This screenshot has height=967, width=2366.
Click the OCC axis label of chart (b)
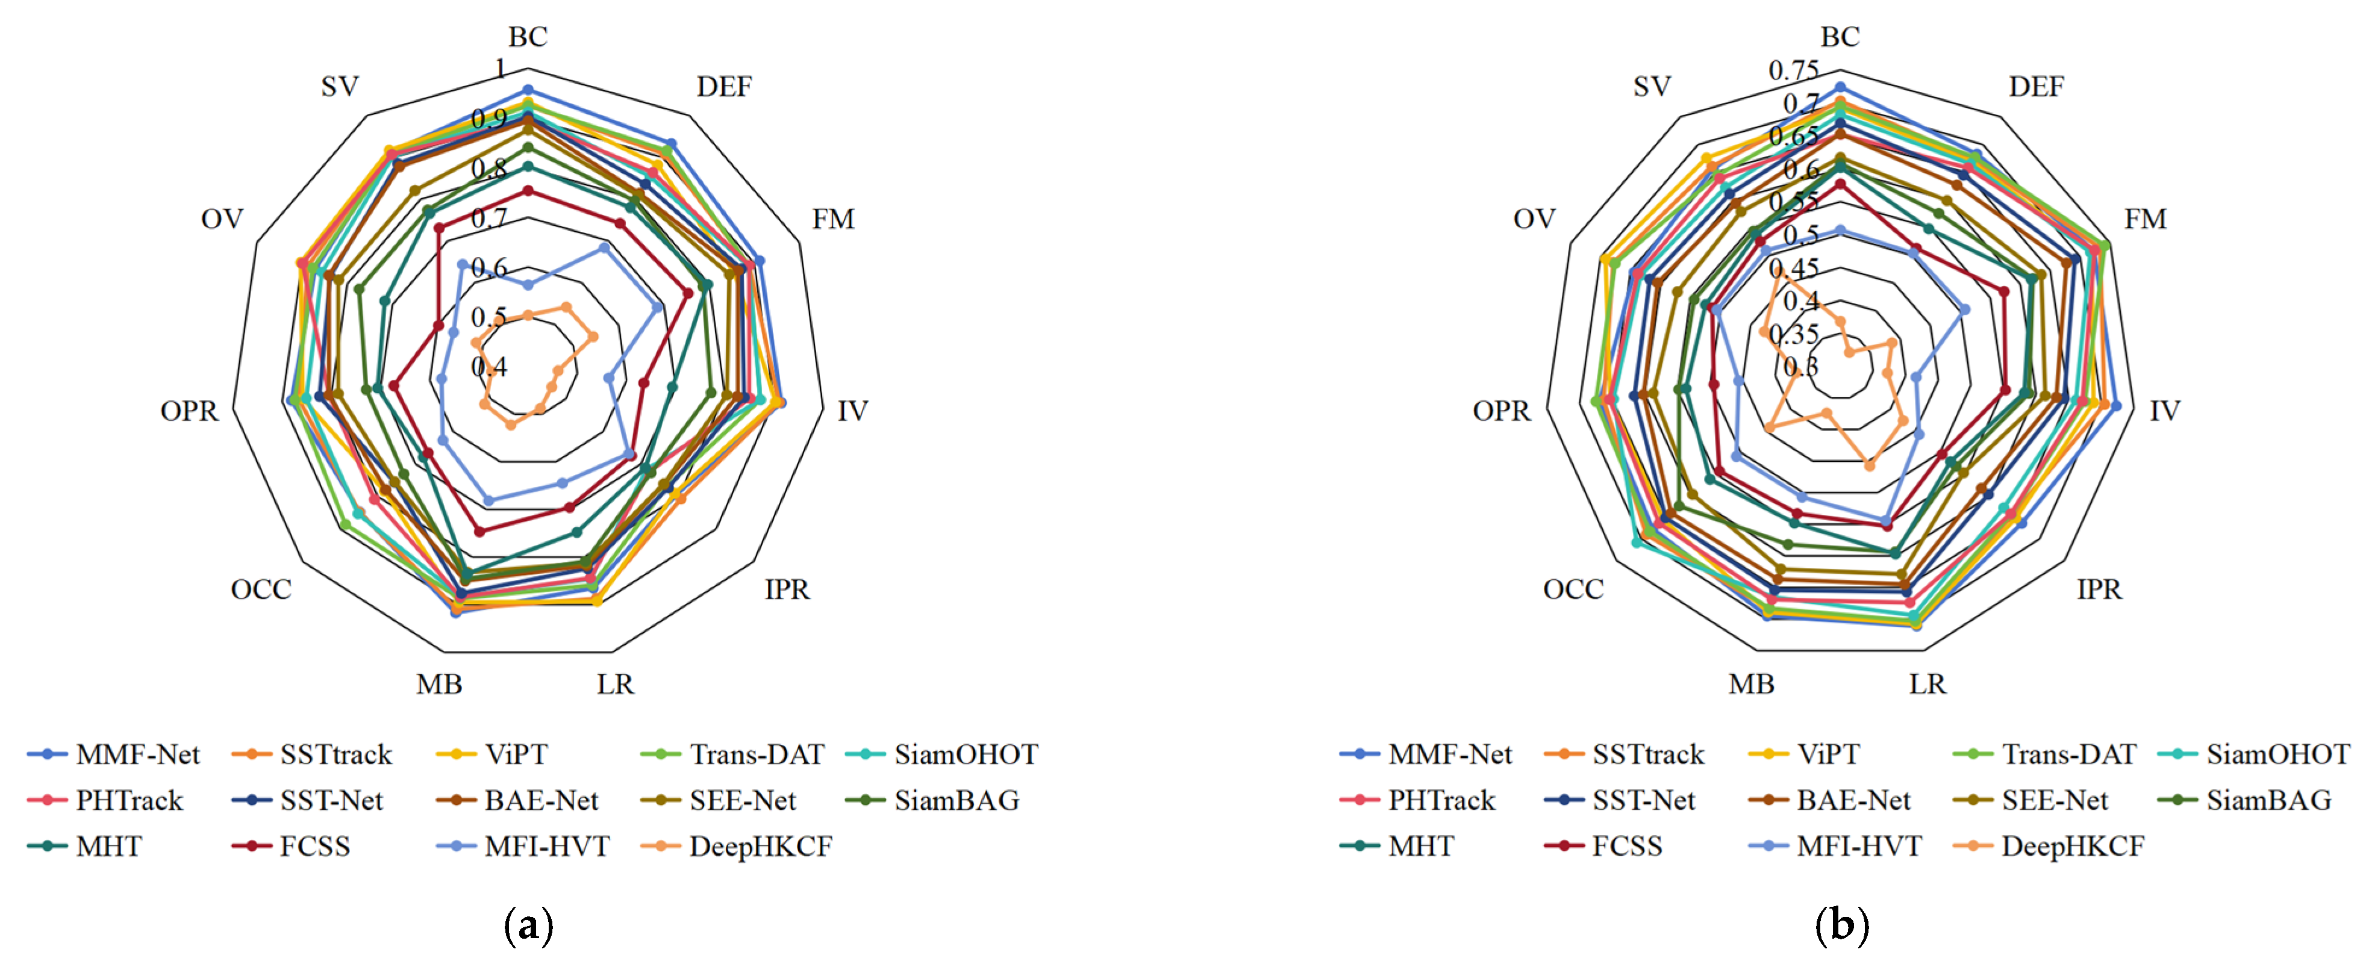(1573, 589)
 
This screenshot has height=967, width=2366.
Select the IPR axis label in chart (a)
(787, 589)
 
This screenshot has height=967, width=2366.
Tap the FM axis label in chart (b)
(2146, 220)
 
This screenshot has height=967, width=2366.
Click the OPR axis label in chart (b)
(1502, 411)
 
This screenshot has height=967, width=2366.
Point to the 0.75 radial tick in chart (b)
(1794, 70)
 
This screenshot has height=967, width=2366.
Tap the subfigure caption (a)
(529, 925)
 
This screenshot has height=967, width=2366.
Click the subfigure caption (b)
(1841, 925)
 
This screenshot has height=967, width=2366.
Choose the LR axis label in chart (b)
(1927, 684)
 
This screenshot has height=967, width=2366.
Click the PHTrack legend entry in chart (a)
(128, 801)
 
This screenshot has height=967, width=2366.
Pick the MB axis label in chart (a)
(439, 684)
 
